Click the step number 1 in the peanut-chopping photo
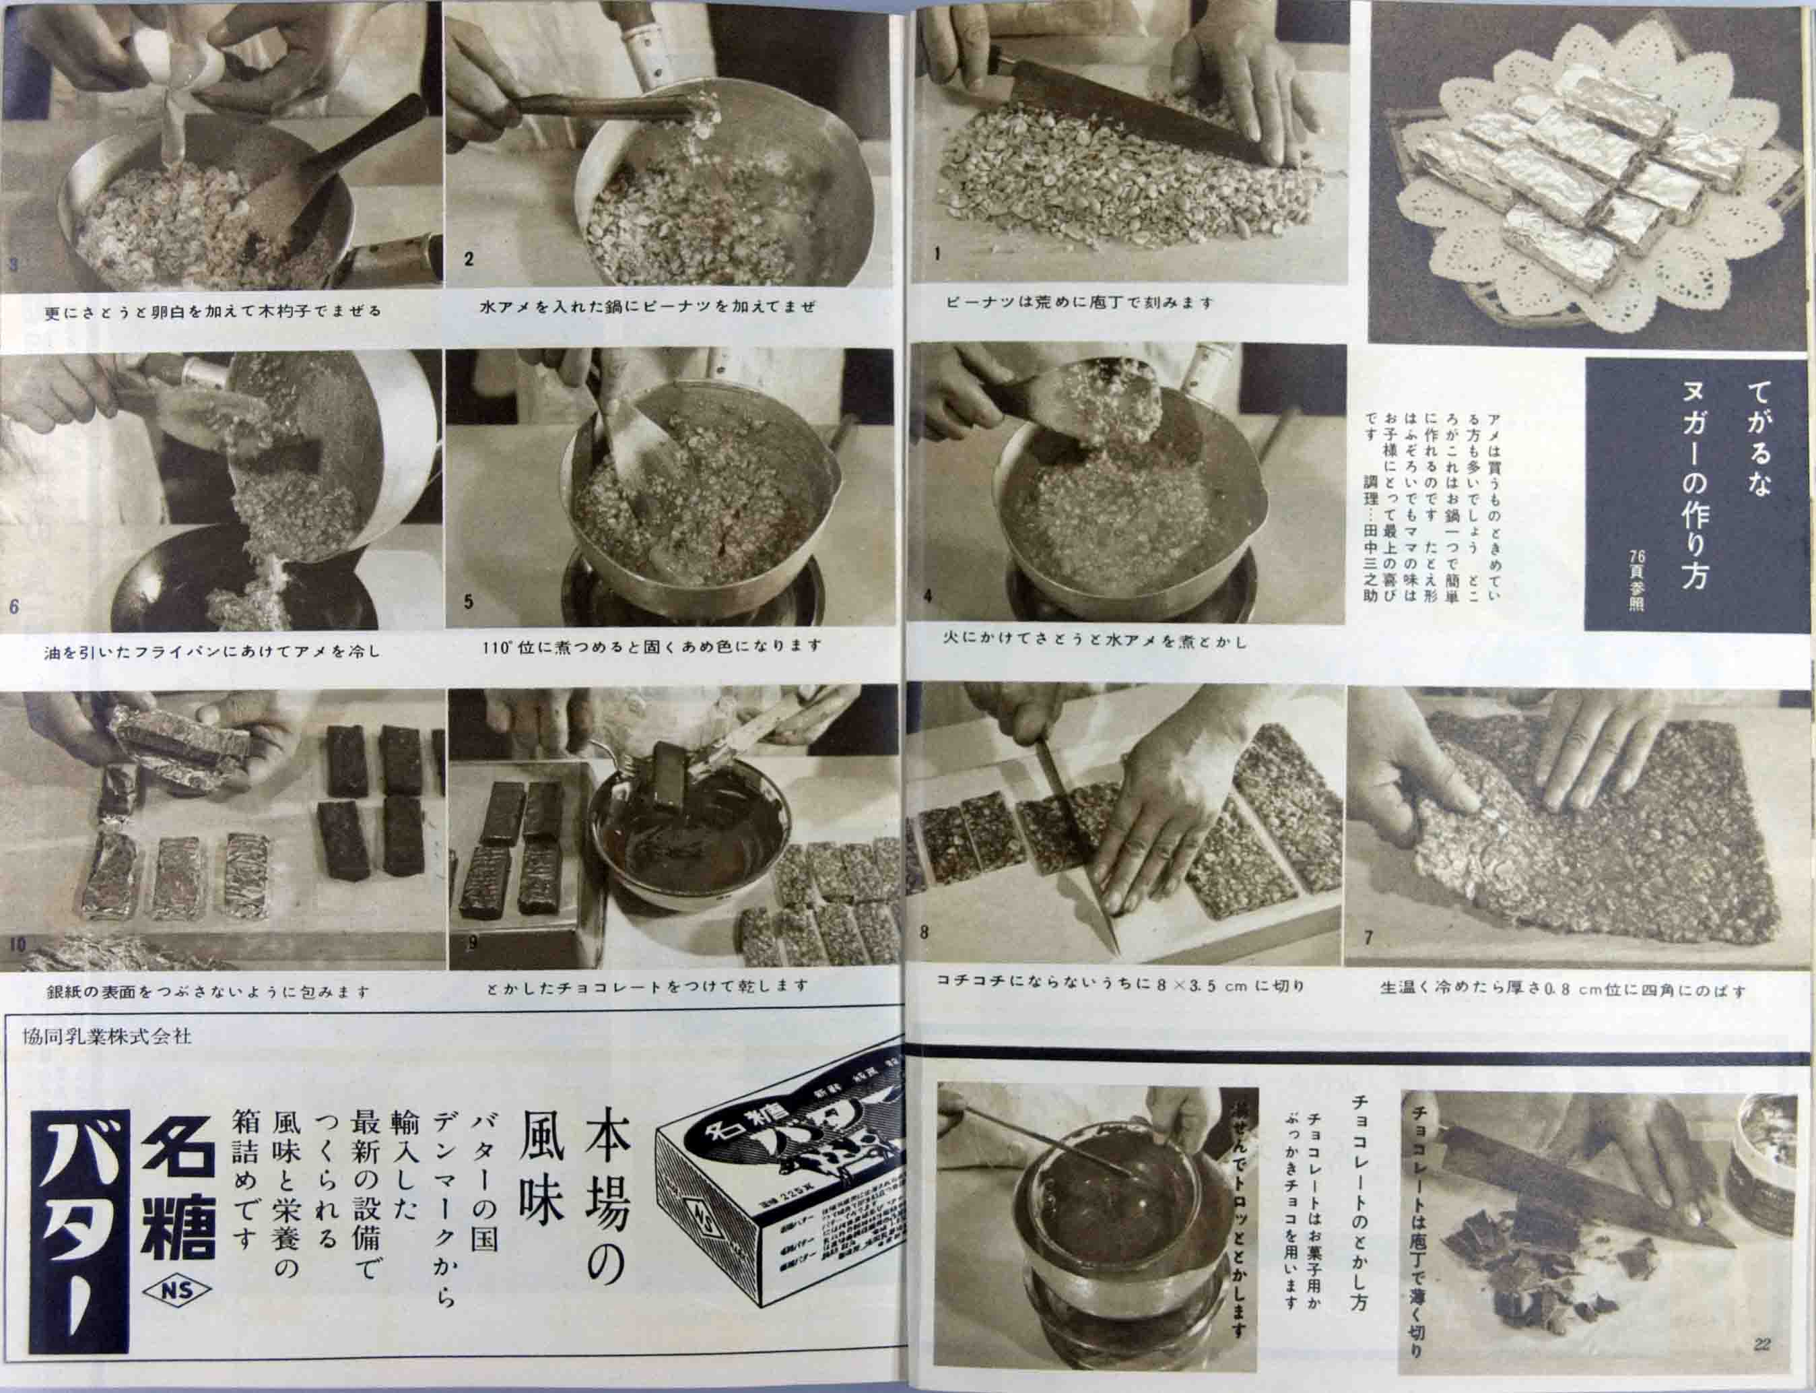click(937, 255)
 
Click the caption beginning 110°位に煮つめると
click(652, 645)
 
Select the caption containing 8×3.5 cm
click(1120, 987)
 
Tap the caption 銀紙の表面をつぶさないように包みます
click(208, 991)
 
